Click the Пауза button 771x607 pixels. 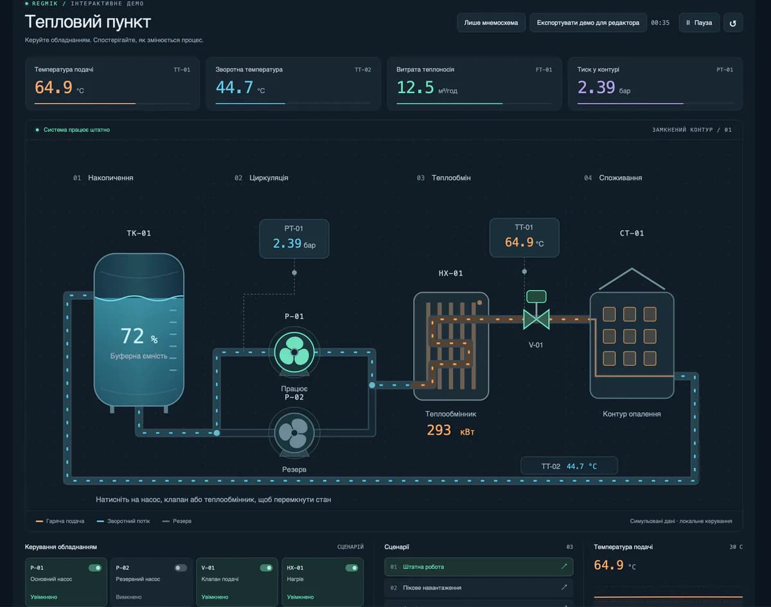(x=699, y=23)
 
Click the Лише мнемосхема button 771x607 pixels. (x=491, y=23)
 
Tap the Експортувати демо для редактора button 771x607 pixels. (x=588, y=23)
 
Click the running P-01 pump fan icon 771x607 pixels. (x=294, y=352)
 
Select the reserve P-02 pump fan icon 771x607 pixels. (x=294, y=433)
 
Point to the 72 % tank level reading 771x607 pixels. (x=139, y=336)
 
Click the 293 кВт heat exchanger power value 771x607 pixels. (x=450, y=430)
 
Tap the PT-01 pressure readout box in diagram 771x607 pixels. (x=294, y=239)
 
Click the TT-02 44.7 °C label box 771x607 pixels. (x=569, y=466)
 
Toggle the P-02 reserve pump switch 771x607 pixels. (x=181, y=568)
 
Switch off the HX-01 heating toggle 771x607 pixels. (x=351, y=568)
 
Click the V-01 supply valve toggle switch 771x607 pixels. (x=266, y=568)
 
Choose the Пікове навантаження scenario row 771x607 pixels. (x=479, y=588)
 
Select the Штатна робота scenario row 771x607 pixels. (x=479, y=567)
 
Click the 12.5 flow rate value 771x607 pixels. (x=415, y=87)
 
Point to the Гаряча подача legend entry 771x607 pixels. (x=60, y=521)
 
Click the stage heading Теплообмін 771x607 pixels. (x=451, y=178)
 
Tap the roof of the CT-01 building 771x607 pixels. (x=632, y=278)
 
